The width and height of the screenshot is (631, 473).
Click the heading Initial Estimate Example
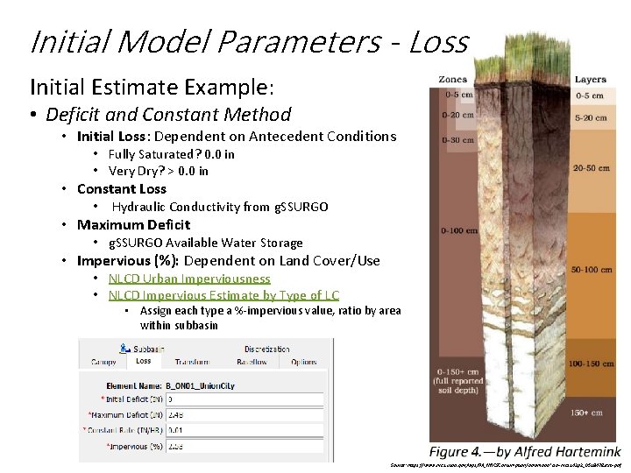(x=152, y=87)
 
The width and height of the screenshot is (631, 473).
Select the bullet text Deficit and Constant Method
(x=167, y=114)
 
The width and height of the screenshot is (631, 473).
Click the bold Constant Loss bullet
(x=121, y=188)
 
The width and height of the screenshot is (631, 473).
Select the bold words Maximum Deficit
(x=133, y=224)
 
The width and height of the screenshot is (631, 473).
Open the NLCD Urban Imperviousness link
(x=189, y=279)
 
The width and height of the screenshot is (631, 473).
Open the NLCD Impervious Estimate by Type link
(x=223, y=295)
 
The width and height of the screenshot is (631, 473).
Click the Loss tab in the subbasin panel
(x=143, y=361)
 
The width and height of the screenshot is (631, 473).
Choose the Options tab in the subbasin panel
(x=304, y=362)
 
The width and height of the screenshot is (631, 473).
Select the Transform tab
(x=191, y=362)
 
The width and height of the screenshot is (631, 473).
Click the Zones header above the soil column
(x=453, y=80)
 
